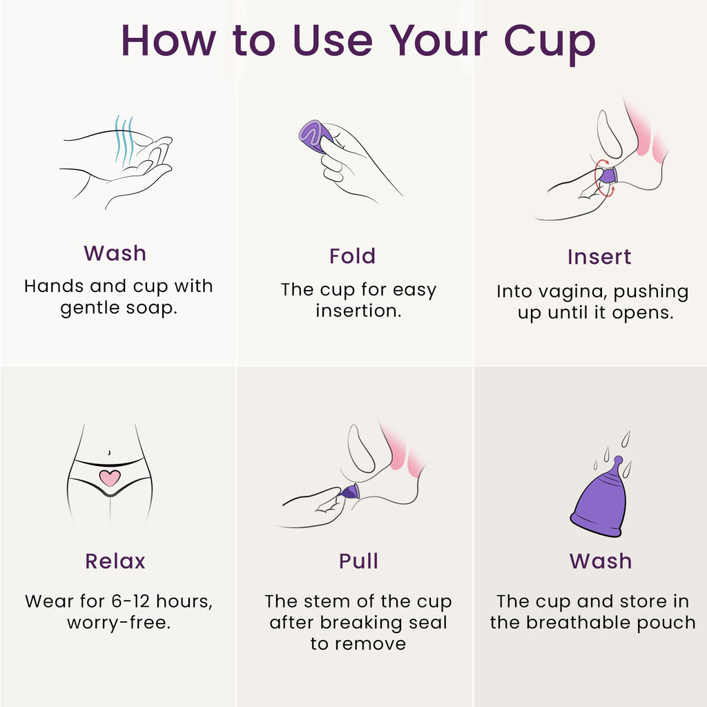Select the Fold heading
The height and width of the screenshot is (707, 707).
[x=352, y=256]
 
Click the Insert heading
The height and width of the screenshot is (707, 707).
[x=599, y=257]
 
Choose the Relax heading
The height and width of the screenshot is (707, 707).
[x=115, y=561]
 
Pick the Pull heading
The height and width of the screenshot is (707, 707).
[x=358, y=561]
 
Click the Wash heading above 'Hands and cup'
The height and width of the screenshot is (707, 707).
[x=115, y=253]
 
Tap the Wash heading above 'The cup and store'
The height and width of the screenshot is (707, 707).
[x=600, y=561]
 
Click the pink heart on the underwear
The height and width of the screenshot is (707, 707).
[x=110, y=477]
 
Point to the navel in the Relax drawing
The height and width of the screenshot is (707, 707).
[x=110, y=452]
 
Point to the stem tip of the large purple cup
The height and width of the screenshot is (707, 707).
[x=618, y=460]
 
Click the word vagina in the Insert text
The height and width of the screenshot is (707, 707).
[x=565, y=292]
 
